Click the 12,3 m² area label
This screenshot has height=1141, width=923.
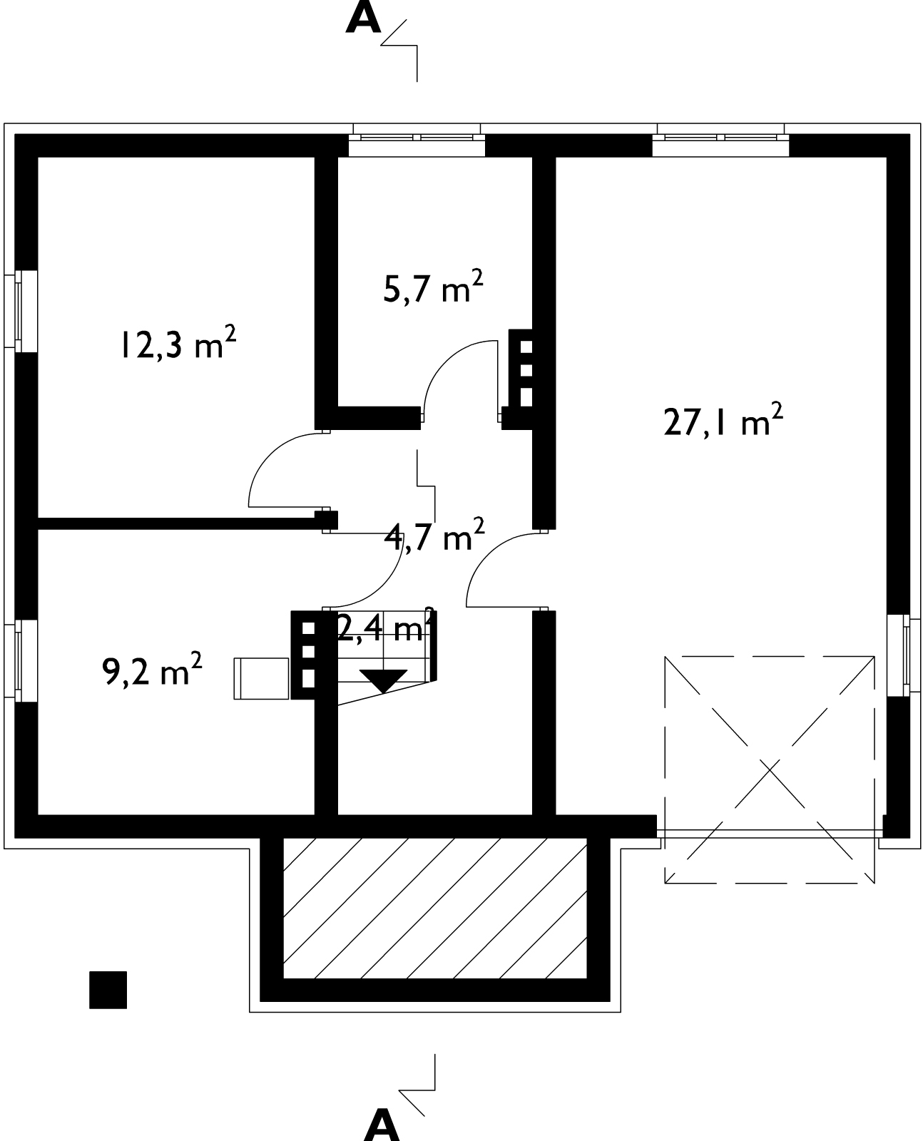point(178,343)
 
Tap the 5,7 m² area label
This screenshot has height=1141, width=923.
point(434,287)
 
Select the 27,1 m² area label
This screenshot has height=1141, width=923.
point(723,420)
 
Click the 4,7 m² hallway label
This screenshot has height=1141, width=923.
point(434,535)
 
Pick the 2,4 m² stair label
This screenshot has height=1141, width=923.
point(384,625)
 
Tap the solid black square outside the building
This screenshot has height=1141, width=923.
point(108,989)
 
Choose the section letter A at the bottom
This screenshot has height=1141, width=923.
point(382,1125)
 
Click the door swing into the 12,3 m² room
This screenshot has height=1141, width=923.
point(270,455)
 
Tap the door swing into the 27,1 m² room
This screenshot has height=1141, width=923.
point(489,557)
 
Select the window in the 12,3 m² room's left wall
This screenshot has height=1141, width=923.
point(21,311)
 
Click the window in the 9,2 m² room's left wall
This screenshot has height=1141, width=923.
point(21,660)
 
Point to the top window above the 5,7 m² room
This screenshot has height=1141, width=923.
point(417,140)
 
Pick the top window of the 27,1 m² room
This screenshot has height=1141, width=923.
point(720,140)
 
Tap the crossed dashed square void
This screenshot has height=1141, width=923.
point(769,769)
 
